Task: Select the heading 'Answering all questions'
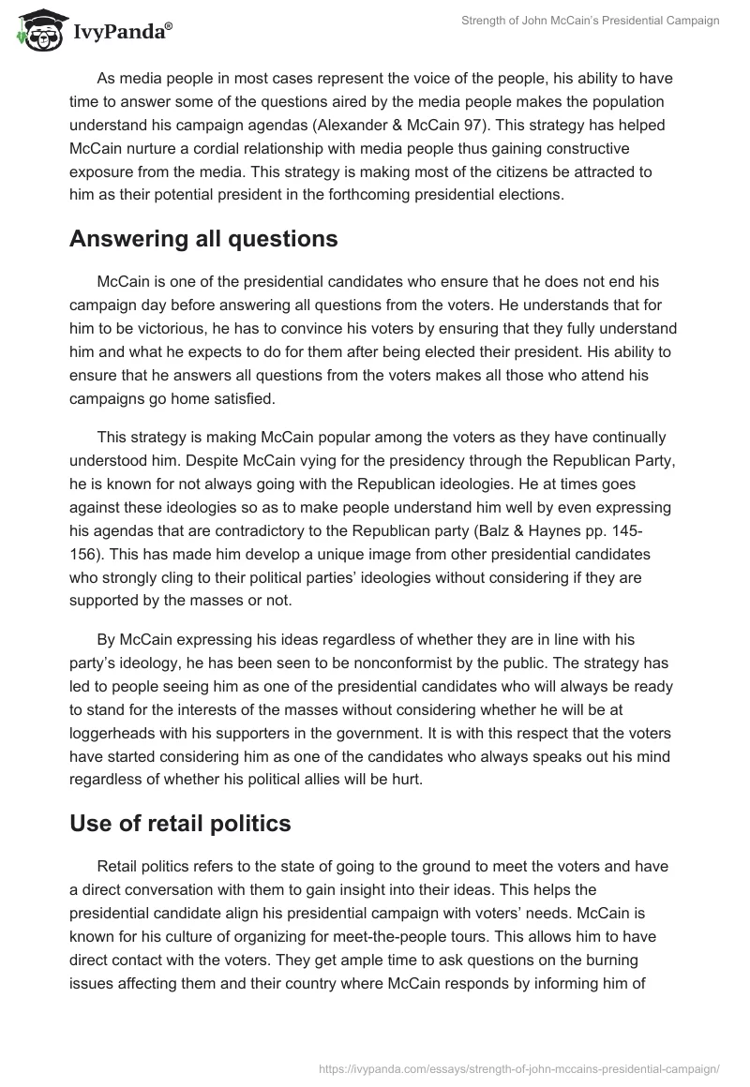(203, 239)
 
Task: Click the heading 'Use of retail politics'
(180, 824)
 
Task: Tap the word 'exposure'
(104, 172)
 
